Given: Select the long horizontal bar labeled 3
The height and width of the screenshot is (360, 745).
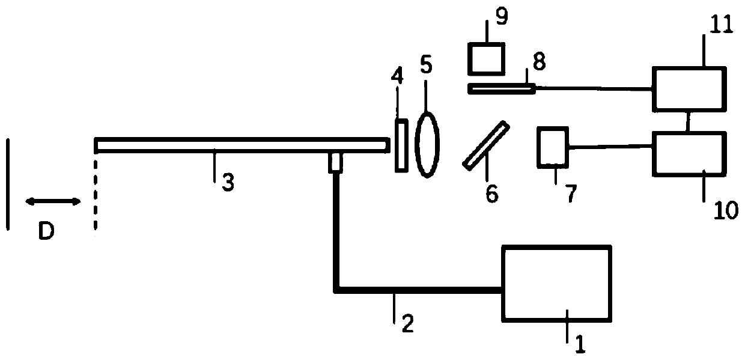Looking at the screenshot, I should tap(240, 145).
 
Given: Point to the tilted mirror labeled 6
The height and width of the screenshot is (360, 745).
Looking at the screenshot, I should tap(486, 145).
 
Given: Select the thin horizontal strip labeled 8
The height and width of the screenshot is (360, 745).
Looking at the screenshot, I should tap(500, 89).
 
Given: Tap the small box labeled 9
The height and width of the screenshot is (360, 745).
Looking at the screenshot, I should tap(487, 59).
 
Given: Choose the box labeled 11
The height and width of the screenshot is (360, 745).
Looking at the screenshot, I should tap(689, 89).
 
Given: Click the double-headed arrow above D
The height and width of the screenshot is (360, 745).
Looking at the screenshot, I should tap(52, 202).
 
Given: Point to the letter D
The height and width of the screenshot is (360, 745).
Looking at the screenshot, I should tap(46, 233).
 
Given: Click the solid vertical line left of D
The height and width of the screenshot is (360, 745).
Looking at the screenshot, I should tap(8, 184).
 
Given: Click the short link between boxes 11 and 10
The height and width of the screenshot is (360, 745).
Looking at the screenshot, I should tap(689, 121).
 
